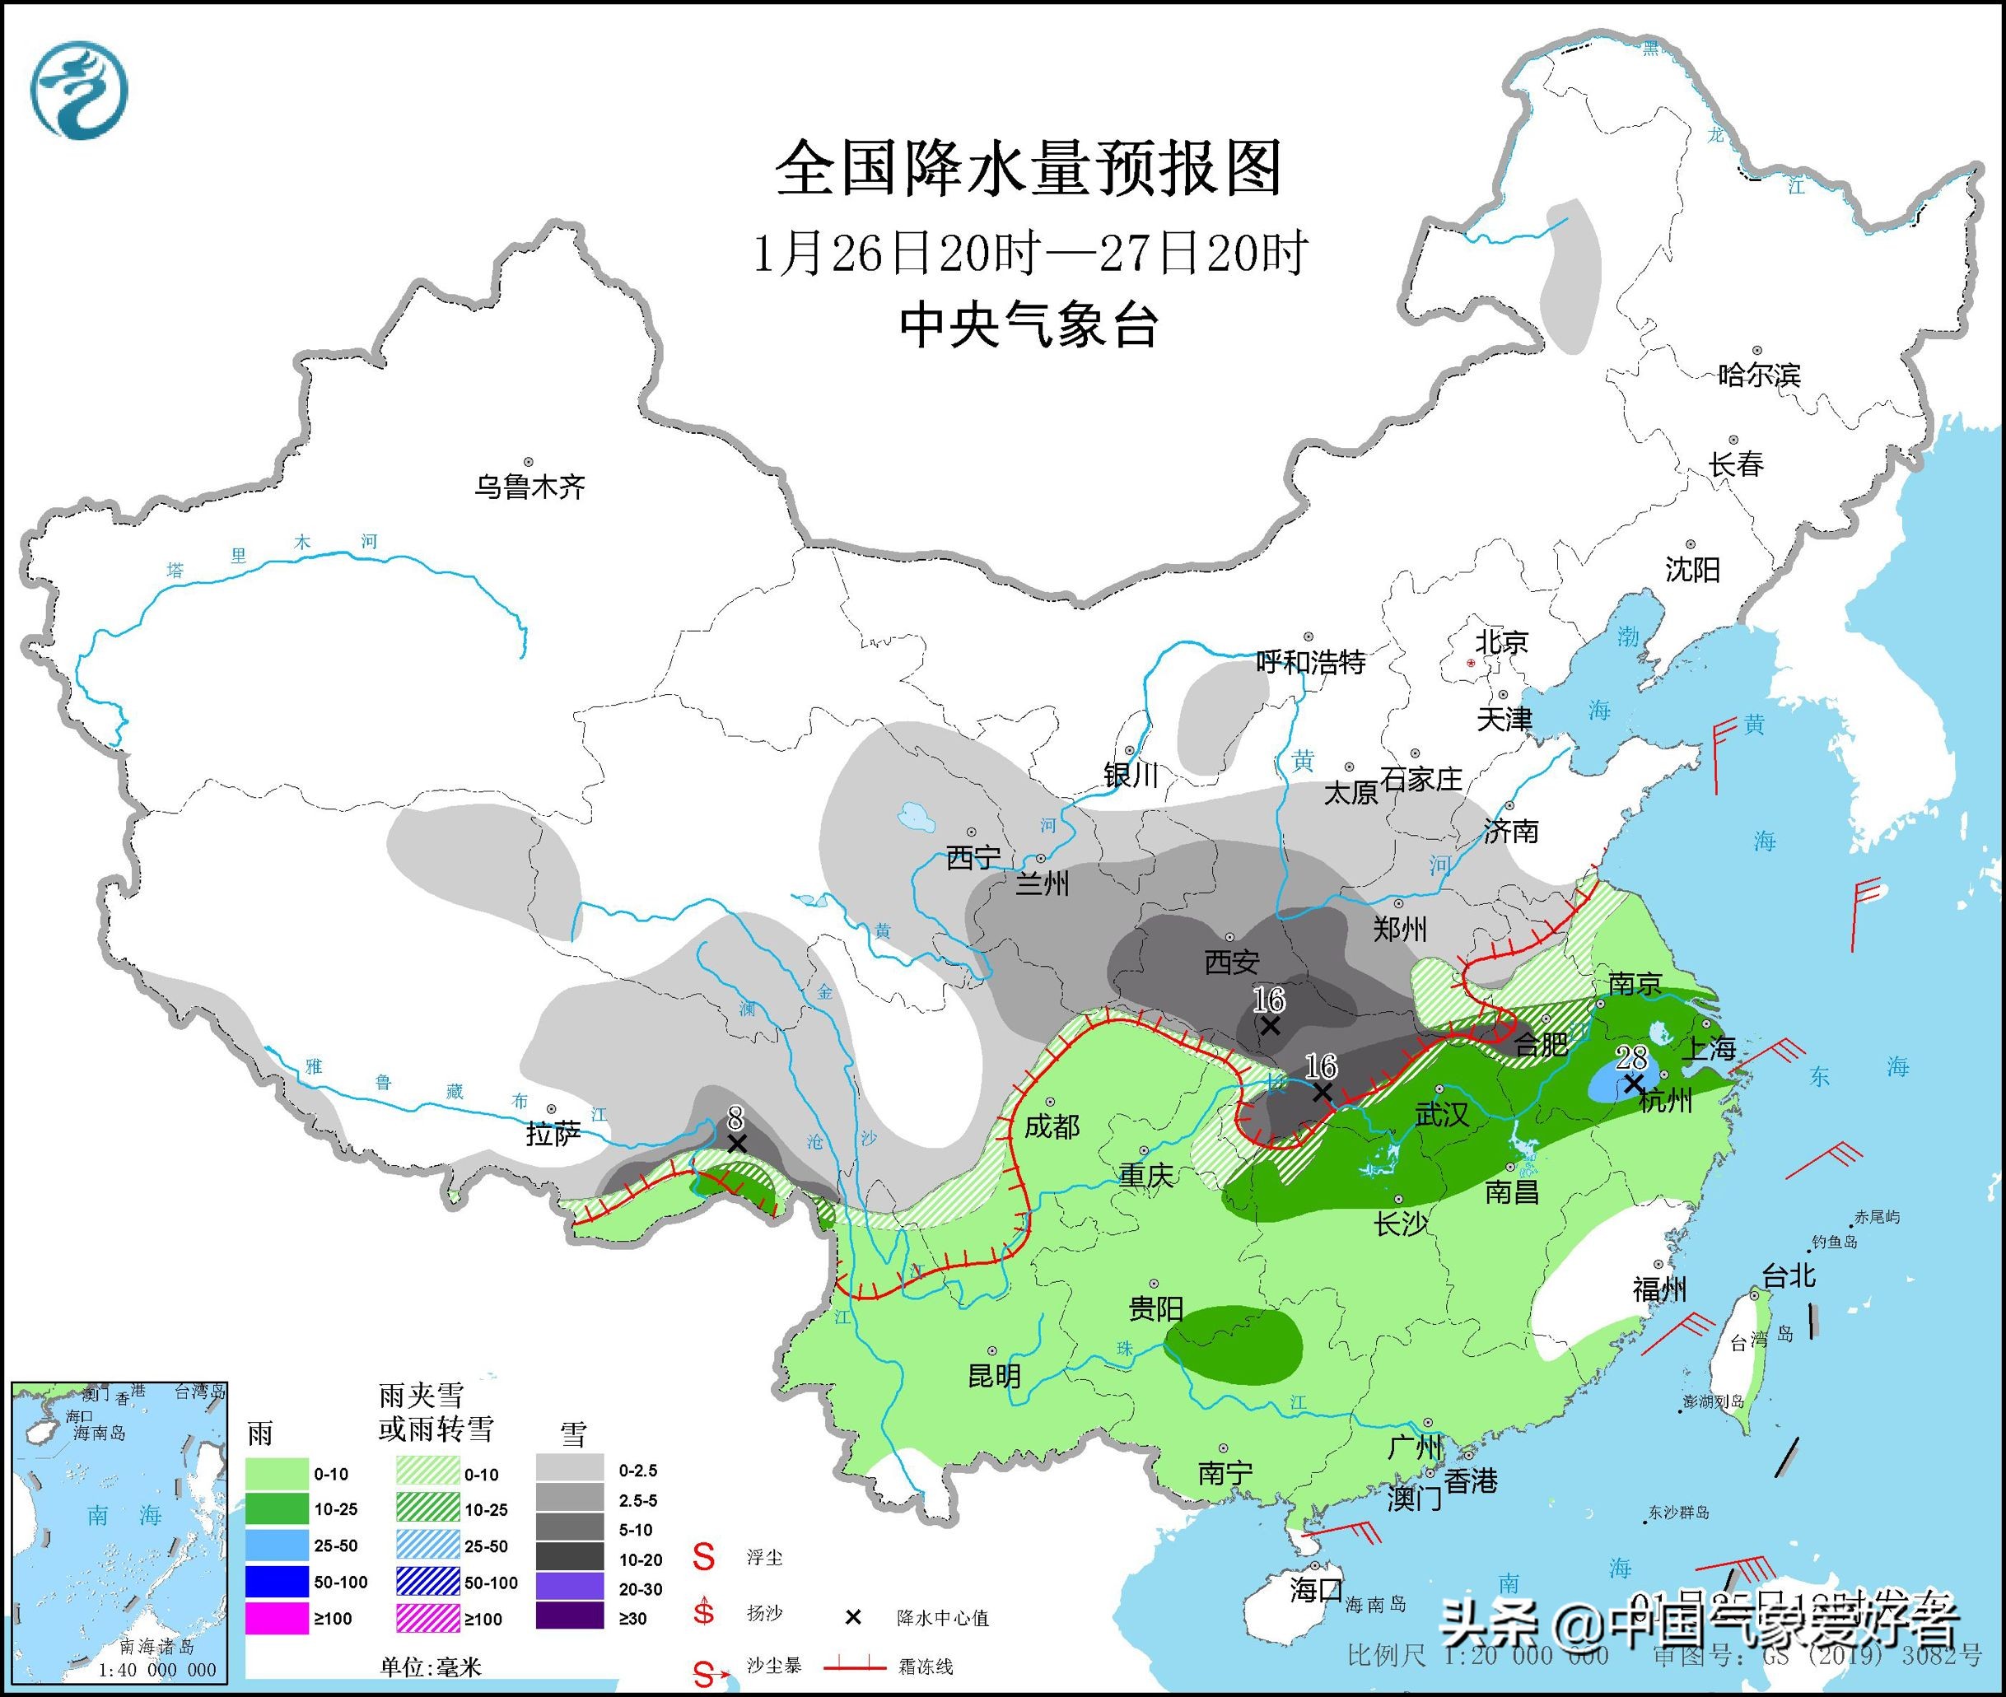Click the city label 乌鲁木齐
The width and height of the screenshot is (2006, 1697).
[x=529, y=487]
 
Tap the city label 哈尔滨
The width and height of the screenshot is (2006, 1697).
[x=1759, y=375]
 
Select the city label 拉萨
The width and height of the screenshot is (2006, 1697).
[x=553, y=1135]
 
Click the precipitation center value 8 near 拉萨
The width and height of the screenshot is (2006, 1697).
[x=736, y=1119]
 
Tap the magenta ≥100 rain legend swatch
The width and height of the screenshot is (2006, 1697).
[x=276, y=1618]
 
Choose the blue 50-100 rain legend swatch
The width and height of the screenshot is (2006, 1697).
[x=276, y=1582]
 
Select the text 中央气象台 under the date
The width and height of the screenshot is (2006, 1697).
[x=1029, y=324]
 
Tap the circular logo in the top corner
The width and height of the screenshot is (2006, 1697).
[x=79, y=91]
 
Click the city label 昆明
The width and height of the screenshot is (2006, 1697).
[x=993, y=1376]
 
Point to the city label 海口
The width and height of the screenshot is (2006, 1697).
[x=1315, y=1590]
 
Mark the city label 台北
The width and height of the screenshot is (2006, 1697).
[x=1789, y=1276]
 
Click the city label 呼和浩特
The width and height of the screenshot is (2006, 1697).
[x=1311, y=662]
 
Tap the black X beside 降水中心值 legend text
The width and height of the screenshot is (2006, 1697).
[x=852, y=1617]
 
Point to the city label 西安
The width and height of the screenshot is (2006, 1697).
[x=1231, y=961]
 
